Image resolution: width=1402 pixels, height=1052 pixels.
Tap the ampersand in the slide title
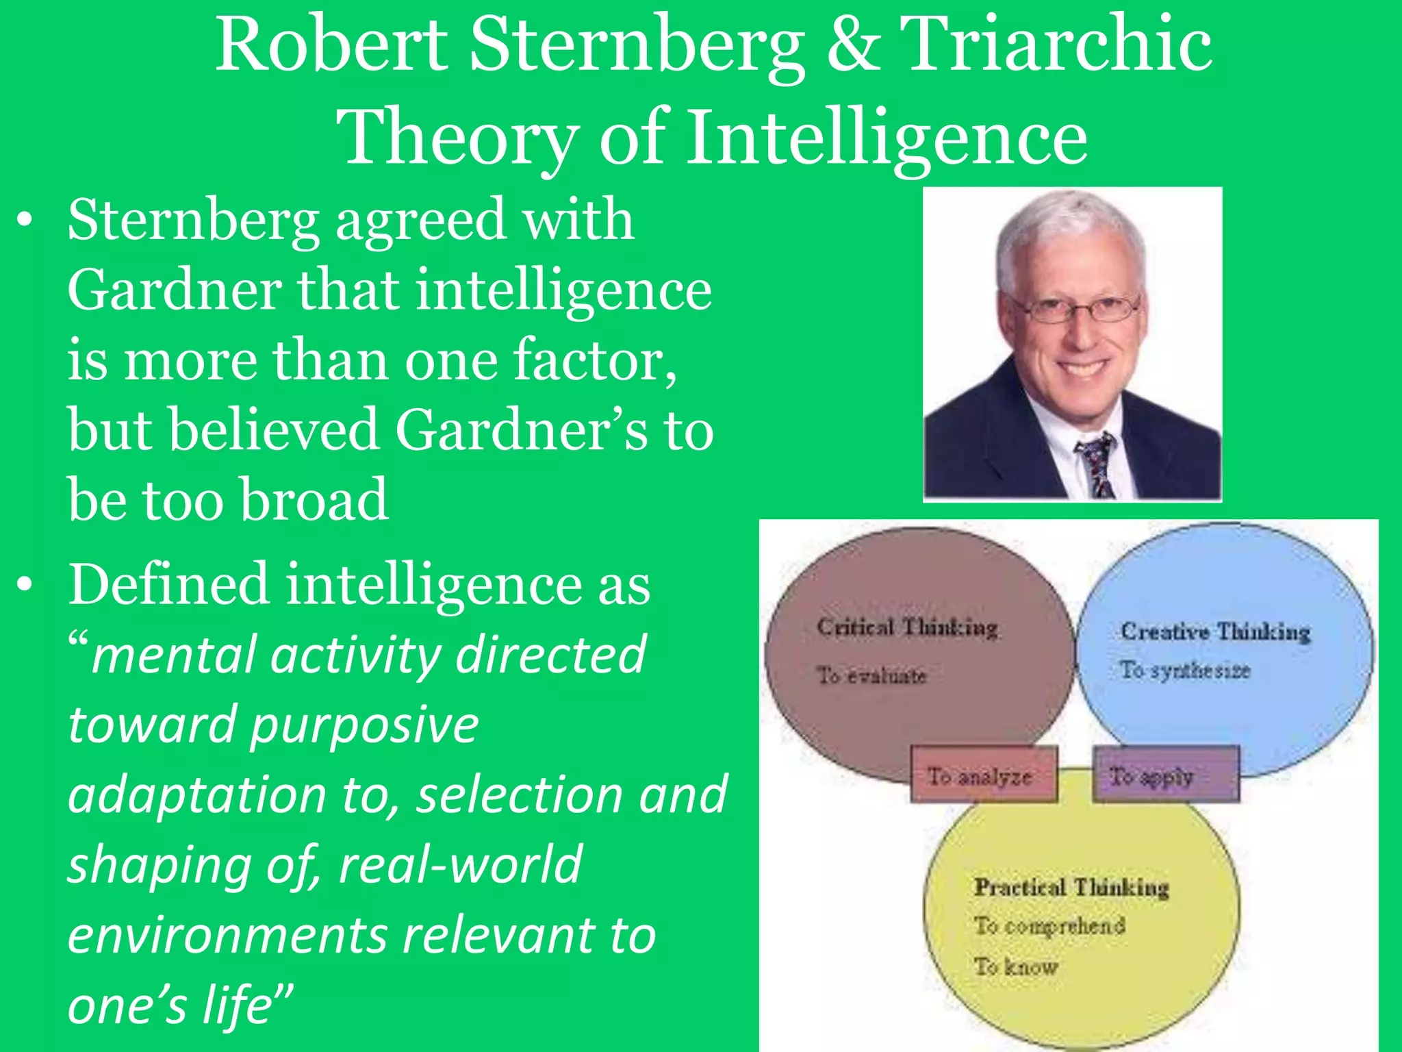852,45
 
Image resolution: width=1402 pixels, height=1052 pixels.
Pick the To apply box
1165,776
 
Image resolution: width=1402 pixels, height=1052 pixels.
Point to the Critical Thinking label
907,627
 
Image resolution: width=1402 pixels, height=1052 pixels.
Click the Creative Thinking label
1215,631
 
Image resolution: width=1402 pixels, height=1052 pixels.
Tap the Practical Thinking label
1071,887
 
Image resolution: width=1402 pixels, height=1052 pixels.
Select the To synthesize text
1185,670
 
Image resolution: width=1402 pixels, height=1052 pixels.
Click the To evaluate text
871,675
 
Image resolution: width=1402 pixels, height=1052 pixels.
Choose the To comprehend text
1049,925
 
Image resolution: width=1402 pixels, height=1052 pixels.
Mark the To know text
1016,966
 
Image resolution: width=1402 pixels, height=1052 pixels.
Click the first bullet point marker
25,221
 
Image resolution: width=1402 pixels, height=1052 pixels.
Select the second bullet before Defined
25,586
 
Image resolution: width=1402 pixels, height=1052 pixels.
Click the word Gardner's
521,430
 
